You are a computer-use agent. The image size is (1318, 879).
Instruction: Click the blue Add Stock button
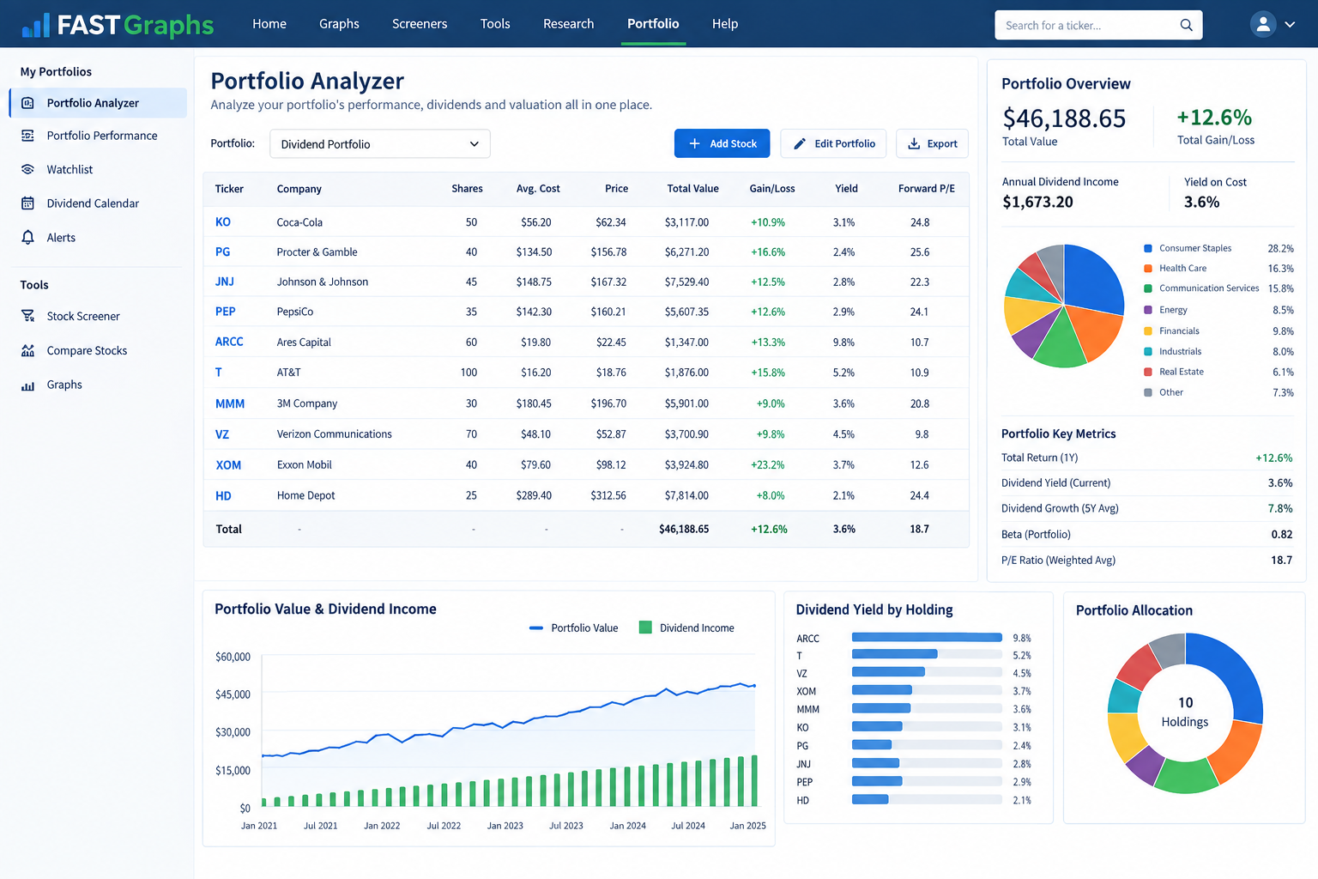(x=722, y=143)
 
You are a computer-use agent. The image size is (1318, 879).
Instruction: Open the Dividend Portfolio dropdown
(x=379, y=143)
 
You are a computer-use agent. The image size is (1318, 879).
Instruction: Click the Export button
(x=932, y=143)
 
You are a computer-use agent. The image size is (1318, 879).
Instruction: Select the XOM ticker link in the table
(x=228, y=464)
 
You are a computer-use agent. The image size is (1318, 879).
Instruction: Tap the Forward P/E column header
(x=926, y=188)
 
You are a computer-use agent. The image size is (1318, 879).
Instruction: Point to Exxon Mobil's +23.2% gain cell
(x=767, y=464)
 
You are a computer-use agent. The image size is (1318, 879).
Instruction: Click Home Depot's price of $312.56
(x=608, y=495)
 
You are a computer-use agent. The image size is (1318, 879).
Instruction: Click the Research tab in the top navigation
(x=568, y=23)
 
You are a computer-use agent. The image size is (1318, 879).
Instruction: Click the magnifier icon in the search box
(x=1186, y=25)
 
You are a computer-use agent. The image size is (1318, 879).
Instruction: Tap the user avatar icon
(x=1263, y=25)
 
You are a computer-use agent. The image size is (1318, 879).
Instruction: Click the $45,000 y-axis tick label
(x=233, y=694)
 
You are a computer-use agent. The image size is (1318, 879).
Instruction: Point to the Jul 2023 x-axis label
(x=566, y=826)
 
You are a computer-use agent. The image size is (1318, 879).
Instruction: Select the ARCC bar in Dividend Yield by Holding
(x=927, y=637)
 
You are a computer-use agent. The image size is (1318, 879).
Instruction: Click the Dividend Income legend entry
(x=686, y=627)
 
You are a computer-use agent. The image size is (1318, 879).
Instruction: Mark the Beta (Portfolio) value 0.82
(x=1281, y=534)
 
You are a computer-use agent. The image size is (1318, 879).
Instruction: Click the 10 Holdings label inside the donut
(x=1185, y=712)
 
